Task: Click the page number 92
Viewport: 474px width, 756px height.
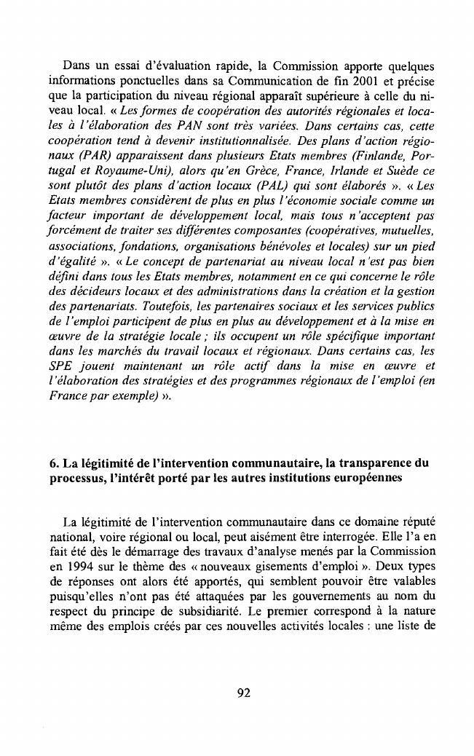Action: [244, 693]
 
